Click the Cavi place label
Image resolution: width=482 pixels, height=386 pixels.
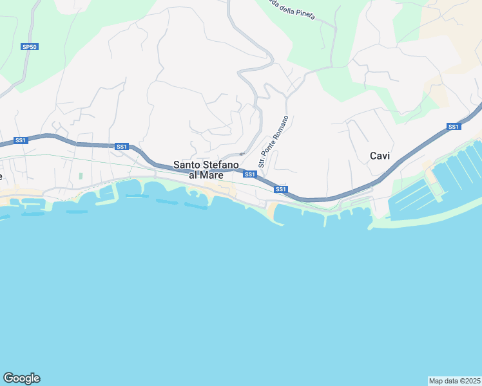[x=380, y=156]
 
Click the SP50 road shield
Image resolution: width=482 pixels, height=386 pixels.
[x=30, y=47]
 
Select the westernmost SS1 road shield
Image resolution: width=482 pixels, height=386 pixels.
[x=21, y=140]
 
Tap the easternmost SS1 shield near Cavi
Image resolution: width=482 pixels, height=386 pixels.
[x=454, y=126]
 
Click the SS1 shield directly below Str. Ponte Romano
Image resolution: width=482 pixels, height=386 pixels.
[x=250, y=174]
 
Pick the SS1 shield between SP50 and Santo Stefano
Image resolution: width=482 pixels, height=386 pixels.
[x=121, y=147]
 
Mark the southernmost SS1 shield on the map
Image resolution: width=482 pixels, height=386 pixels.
[x=280, y=189]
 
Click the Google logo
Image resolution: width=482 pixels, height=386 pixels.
[x=21, y=378]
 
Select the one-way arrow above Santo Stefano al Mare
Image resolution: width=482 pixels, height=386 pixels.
[x=240, y=154]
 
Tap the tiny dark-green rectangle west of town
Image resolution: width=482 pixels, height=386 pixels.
[x=81, y=176]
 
